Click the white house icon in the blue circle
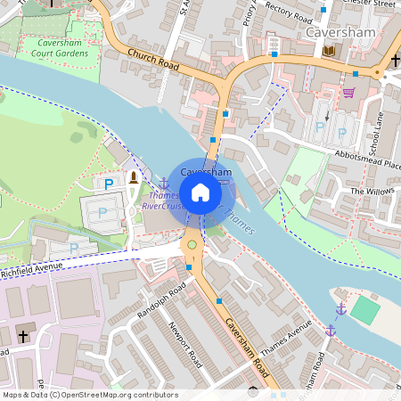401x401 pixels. tap(200, 192)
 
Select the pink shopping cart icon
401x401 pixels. tap(348, 91)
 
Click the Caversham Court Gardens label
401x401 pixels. tap(63, 48)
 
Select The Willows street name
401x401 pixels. tap(372, 191)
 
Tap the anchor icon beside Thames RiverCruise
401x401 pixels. tap(163, 183)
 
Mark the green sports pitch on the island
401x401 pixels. tap(364, 310)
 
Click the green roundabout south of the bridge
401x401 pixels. tap(191, 244)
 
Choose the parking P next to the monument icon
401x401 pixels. tap(109, 184)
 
